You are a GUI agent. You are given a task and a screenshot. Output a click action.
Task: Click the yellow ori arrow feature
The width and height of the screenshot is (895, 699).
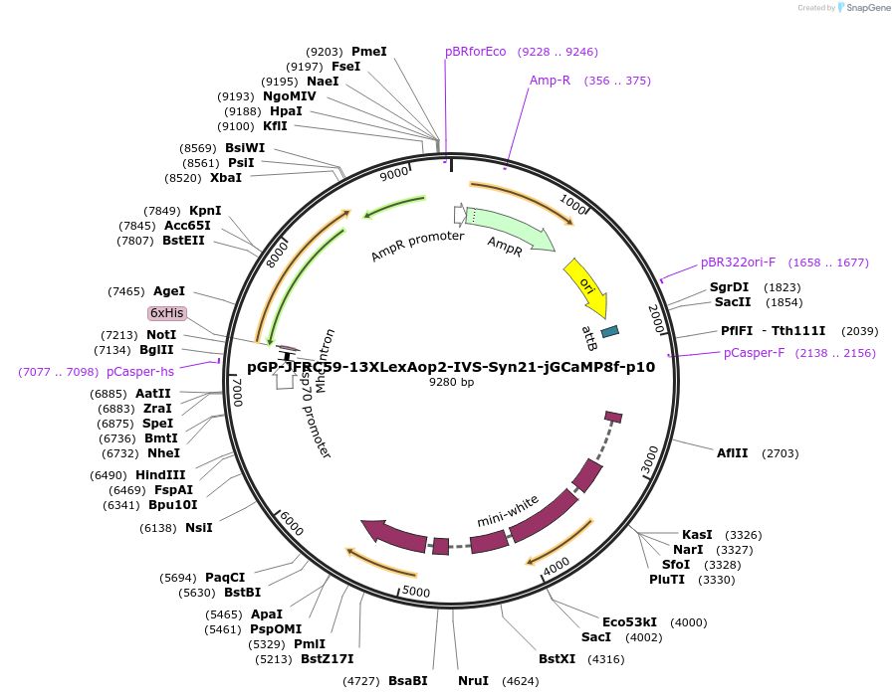586,286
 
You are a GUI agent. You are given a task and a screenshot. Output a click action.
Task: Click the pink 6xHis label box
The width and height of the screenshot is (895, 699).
167,312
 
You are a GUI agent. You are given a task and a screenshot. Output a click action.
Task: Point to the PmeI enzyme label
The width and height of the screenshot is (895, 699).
368,51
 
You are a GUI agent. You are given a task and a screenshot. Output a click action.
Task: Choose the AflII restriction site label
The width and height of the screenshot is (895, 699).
732,453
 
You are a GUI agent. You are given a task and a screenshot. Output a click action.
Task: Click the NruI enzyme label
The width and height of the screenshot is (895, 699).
473,681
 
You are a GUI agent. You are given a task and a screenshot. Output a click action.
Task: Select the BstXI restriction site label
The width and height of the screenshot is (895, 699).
557,659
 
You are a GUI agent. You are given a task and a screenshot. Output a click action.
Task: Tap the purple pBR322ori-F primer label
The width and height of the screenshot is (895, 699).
738,262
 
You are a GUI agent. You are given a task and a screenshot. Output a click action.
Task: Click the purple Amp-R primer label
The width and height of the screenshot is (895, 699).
550,81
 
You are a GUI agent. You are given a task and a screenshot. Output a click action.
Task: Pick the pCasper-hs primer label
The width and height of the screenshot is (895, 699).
140,372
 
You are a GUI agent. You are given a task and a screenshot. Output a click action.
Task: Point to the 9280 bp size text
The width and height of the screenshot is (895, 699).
451,382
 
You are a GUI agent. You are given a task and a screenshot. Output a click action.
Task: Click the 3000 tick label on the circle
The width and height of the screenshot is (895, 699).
649,459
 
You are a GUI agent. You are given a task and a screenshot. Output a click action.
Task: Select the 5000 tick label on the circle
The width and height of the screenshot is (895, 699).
415,593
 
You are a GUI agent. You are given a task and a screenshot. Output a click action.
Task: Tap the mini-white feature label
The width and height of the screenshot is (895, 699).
508,510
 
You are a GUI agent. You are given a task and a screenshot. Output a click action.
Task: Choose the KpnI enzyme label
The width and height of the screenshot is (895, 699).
205,211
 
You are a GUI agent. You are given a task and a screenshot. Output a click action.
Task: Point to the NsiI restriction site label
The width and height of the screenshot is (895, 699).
199,528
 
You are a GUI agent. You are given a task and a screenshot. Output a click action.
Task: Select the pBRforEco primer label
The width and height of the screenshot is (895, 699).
476,52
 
